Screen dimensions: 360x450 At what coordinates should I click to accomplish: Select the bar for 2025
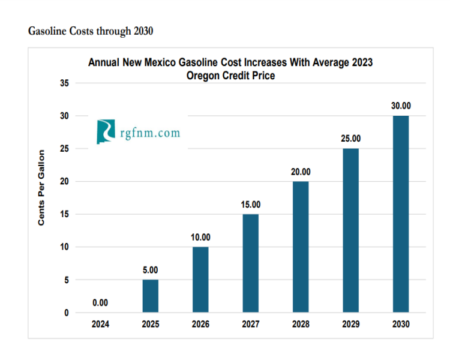(151, 296)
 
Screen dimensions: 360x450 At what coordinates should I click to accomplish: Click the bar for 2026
(200, 280)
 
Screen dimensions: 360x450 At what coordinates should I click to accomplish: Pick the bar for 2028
(301, 247)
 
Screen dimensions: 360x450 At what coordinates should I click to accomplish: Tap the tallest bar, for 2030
(401, 214)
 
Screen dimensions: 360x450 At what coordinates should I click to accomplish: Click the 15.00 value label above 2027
(251, 205)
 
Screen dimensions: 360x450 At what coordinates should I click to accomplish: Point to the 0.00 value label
(100, 303)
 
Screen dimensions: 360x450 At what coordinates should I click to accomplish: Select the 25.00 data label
(350, 139)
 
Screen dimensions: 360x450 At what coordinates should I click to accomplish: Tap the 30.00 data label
(401, 106)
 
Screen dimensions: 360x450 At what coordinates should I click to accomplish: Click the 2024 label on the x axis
(100, 324)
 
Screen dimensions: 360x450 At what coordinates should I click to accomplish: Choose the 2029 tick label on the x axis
(350, 324)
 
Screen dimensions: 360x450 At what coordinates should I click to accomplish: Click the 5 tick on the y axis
(67, 280)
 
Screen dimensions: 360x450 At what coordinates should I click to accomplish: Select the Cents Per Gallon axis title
(41, 187)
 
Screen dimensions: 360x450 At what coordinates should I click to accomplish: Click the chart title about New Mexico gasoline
(230, 68)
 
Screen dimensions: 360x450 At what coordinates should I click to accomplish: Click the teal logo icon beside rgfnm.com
(106, 131)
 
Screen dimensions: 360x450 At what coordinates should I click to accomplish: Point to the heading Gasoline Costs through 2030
(91, 31)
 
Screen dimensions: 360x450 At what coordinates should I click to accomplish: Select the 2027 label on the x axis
(251, 324)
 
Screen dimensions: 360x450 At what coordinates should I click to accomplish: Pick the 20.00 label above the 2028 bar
(301, 172)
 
